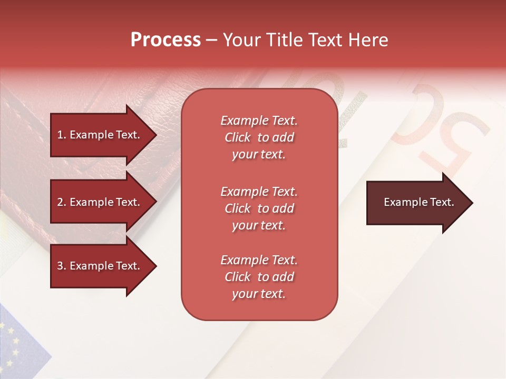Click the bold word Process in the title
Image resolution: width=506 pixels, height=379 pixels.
coord(166,40)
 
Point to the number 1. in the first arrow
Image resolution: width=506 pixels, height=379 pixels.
coord(62,135)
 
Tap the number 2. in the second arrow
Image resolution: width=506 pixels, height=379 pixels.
coord(62,202)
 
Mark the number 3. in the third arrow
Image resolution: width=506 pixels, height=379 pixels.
coord(62,266)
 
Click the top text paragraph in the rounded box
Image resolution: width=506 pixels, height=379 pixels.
coord(259,137)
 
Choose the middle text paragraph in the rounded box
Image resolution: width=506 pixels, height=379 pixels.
coord(259,208)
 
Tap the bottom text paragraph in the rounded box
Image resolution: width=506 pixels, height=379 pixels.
coord(259,277)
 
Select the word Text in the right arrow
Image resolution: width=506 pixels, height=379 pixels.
coord(442,202)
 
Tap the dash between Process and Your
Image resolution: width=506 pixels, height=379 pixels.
coord(212,41)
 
